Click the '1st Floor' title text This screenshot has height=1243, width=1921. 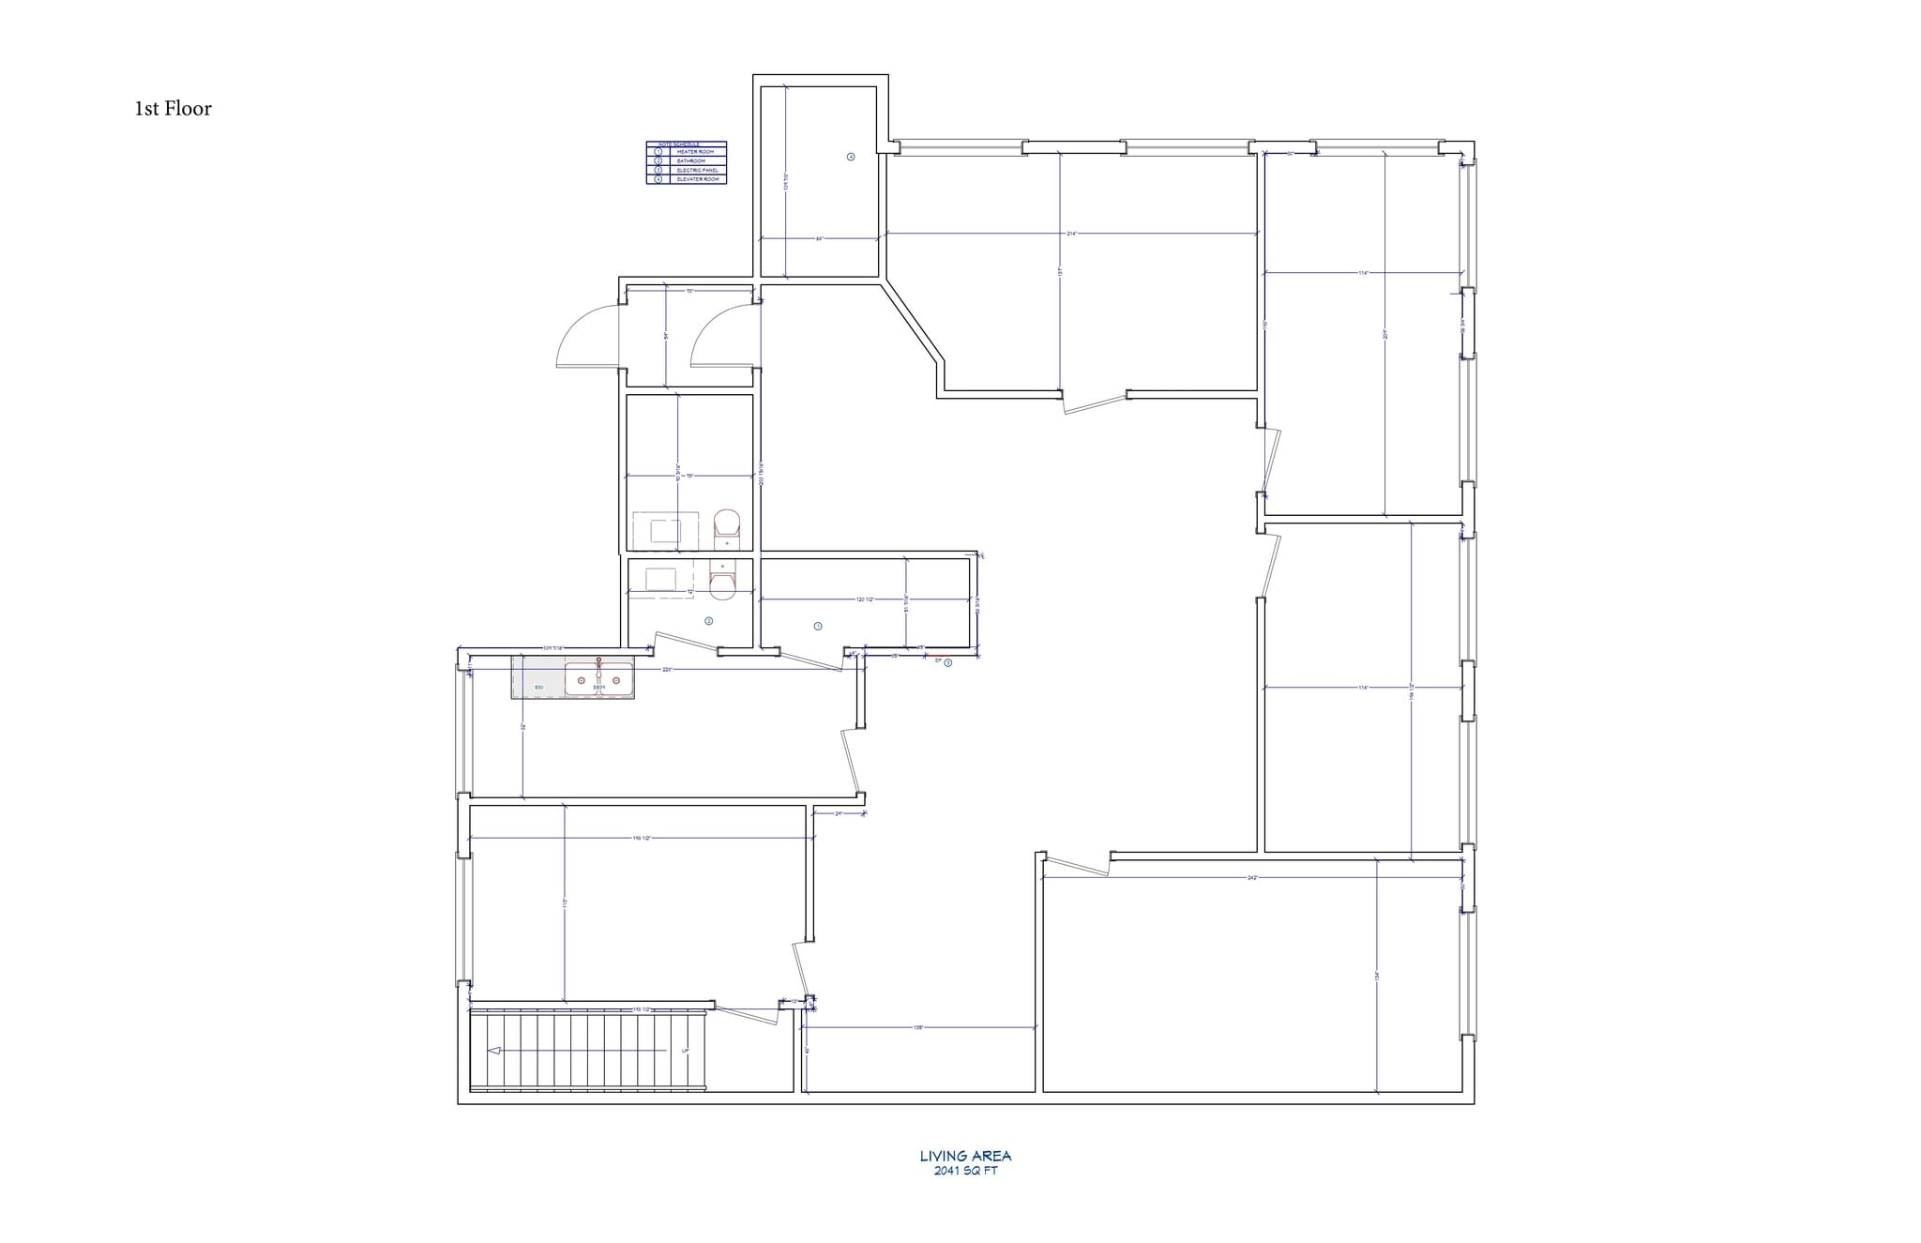click(x=173, y=109)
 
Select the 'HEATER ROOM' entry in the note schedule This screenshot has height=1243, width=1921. click(x=695, y=152)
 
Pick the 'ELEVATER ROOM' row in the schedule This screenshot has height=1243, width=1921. click(x=695, y=179)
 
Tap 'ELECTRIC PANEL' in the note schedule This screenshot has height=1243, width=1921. click(x=695, y=170)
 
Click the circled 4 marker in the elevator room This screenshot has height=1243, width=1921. click(x=851, y=157)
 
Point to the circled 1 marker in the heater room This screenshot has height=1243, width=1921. click(x=818, y=626)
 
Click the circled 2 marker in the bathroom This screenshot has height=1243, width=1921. click(x=709, y=621)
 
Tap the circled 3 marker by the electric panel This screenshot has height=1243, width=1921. click(x=947, y=662)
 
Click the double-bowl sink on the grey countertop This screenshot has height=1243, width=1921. click(x=598, y=679)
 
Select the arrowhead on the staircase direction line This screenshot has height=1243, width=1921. click(x=494, y=1051)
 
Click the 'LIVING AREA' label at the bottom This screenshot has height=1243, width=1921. click(x=965, y=1157)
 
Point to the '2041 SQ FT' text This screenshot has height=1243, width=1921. click(x=965, y=1171)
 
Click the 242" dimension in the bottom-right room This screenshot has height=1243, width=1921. click(x=1251, y=878)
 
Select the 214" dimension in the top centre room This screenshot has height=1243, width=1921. click(x=1071, y=233)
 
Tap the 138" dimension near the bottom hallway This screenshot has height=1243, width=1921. click(x=918, y=1028)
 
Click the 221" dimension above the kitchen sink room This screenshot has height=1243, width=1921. click(x=667, y=670)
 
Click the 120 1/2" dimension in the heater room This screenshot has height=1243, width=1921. click(x=865, y=599)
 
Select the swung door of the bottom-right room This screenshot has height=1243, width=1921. click(x=1075, y=867)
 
